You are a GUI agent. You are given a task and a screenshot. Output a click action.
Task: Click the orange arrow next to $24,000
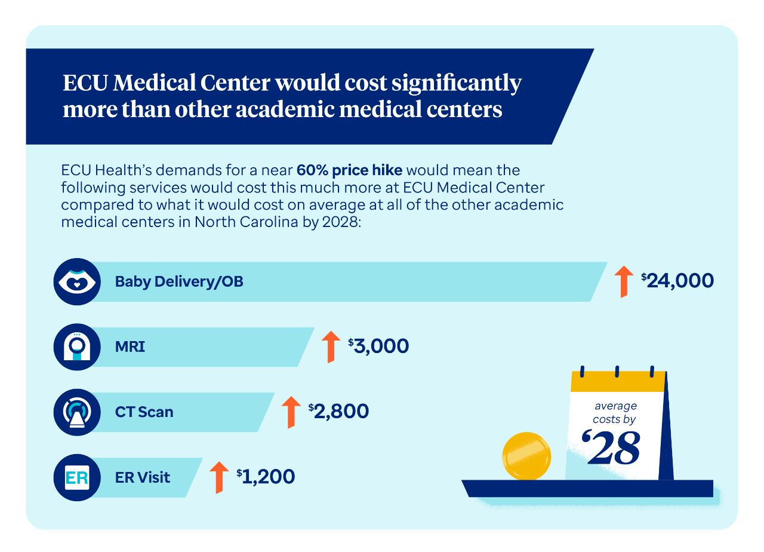tap(624, 281)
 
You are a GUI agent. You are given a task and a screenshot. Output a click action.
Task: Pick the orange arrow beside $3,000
tap(330, 346)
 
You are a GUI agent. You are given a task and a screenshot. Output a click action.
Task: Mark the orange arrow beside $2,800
tap(291, 412)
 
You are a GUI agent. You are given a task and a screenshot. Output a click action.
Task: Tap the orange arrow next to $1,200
tap(219, 477)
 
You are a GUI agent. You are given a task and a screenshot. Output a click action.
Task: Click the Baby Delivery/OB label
tap(179, 281)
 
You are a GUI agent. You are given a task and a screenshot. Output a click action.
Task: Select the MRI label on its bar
tap(130, 346)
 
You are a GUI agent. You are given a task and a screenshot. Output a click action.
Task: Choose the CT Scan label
tap(144, 412)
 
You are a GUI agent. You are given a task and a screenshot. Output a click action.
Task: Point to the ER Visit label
tap(143, 477)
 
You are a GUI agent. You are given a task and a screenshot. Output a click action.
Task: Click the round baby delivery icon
tap(76, 281)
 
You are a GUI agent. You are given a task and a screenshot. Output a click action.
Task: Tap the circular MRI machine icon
tap(76, 346)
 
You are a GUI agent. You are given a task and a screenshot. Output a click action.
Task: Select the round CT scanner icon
tap(76, 412)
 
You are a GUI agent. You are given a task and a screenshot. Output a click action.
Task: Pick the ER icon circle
tap(76, 477)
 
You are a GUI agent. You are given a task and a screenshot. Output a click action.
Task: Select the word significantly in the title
tap(457, 83)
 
